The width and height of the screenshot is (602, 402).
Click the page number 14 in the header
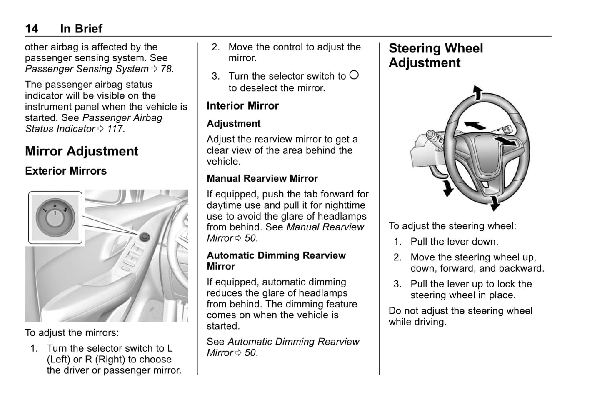click(32, 29)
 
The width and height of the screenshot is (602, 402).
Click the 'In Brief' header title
click(81, 29)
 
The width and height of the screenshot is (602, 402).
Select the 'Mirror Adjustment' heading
click(82, 151)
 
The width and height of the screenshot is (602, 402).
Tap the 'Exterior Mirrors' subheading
click(66, 171)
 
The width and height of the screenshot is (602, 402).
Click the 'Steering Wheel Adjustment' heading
click(436, 55)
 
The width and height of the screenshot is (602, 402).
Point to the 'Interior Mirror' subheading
click(242, 106)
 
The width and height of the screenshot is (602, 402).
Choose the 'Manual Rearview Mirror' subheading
click(262, 178)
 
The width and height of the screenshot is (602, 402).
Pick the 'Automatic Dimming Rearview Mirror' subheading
click(276, 261)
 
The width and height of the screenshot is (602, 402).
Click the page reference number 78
click(167, 69)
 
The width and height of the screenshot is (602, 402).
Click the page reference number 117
click(115, 129)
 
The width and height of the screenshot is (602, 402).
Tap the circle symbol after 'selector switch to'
click(354, 75)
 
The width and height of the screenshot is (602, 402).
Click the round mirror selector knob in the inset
click(55, 217)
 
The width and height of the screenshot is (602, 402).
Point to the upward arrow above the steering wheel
click(477, 92)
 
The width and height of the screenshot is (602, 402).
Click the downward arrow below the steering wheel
click(495, 203)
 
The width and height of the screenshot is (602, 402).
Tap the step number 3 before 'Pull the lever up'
click(397, 284)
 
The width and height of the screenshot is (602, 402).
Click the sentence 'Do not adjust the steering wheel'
click(460, 311)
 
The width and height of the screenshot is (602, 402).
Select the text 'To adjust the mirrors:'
click(72, 332)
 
